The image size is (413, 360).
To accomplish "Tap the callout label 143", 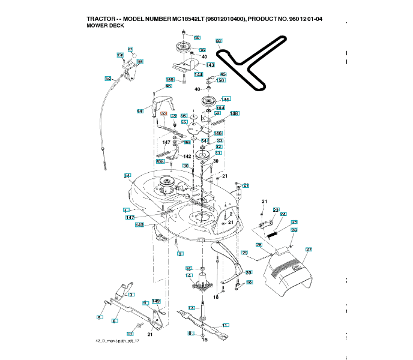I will point(210,64).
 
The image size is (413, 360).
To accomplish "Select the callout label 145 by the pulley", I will point(226,99).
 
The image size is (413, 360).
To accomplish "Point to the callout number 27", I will point(309,249).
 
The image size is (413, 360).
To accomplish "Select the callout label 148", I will point(234,113).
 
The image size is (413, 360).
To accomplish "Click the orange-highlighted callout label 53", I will point(163,113).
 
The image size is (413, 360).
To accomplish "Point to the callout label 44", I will point(139,111).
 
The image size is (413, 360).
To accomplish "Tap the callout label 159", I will point(170,80).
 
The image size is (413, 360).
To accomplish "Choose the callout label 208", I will point(160,161).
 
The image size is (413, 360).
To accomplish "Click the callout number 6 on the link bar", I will point(113,321).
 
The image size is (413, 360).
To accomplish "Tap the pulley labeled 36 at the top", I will point(180,48).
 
